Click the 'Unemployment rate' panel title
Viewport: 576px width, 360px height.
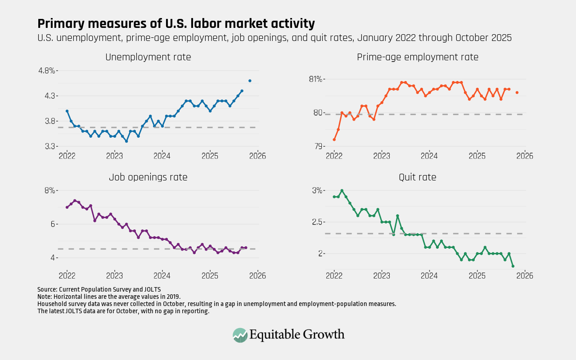point(148,57)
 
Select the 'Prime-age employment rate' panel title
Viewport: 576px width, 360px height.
point(418,57)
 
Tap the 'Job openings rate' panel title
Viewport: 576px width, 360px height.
point(148,177)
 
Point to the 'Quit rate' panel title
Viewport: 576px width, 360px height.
point(418,177)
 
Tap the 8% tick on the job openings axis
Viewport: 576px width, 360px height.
point(49,190)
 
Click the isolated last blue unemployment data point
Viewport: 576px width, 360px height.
point(250,81)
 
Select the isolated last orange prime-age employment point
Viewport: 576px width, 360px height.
point(517,93)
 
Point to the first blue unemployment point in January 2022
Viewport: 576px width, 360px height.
point(67,111)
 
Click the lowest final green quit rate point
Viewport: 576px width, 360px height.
point(513,266)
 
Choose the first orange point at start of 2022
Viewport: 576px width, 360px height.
point(334,139)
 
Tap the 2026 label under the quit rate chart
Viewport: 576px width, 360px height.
point(524,275)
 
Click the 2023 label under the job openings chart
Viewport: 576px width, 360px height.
point(115,275)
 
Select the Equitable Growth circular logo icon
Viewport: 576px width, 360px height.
point(240,335)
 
